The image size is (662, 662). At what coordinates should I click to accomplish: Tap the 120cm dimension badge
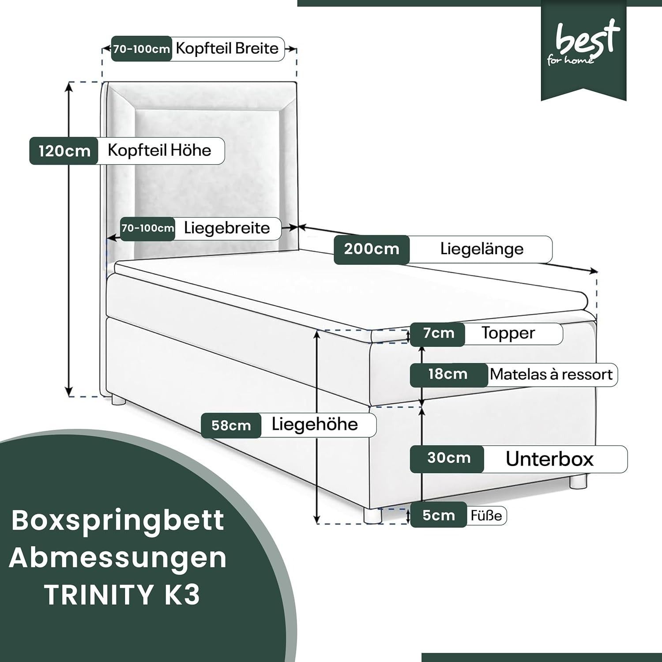(64, 151)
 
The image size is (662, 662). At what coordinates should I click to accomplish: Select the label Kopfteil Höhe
(159, 150)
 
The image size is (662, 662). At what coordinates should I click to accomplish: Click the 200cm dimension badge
(372, 249)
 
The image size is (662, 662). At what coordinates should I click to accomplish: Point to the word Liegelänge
(482, 249)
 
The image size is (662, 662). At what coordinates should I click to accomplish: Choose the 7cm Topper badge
(438, 334)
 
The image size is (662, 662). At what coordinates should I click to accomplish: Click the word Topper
(508, 333)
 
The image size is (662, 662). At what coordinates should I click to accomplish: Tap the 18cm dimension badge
(448, 374)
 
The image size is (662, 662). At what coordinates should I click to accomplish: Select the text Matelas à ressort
(551, 375)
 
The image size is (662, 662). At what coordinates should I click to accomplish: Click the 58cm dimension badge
(231, 425)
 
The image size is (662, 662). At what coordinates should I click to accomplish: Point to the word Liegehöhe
(315, 424)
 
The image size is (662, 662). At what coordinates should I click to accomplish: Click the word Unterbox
(549, 459)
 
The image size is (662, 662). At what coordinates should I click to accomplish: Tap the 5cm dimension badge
(438, 515)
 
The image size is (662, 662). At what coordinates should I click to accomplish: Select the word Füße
(486, 515)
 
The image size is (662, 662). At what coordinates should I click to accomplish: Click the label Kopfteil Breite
(227, 48)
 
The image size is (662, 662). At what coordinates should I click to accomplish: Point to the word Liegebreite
(227, 228)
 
